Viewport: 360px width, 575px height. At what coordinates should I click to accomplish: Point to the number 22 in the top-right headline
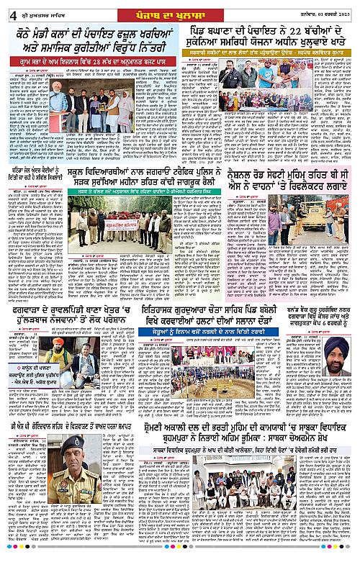tap(292, 37)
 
